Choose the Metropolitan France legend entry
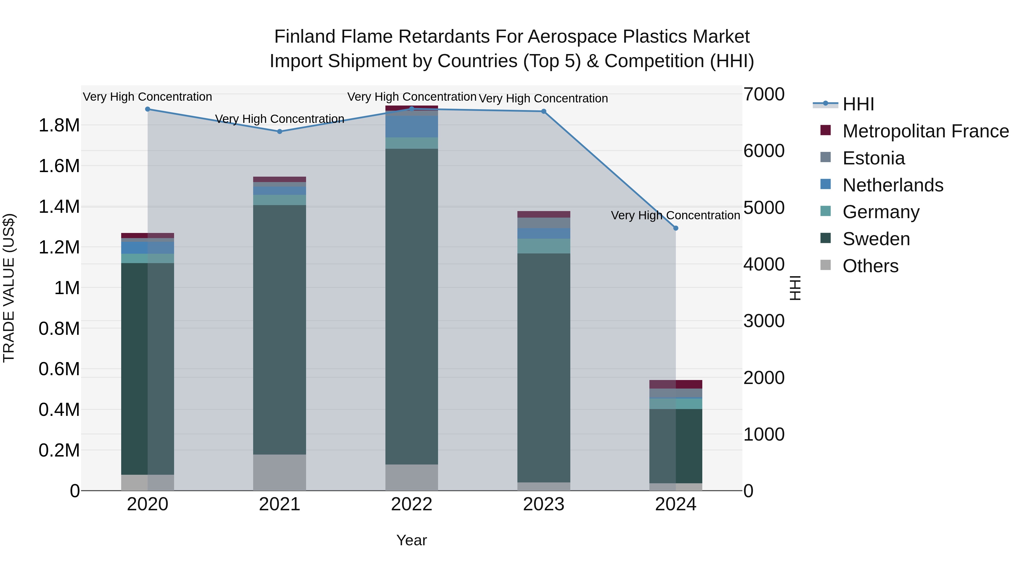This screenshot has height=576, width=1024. click(925, 131)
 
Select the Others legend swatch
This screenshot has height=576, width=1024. click(826, 265)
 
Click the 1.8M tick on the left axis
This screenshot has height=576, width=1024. click(59, 126)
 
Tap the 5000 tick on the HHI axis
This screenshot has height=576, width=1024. click(764, 208)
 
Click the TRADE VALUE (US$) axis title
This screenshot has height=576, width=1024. click(9, 288)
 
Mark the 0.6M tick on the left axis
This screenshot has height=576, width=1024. click(59, 369)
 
